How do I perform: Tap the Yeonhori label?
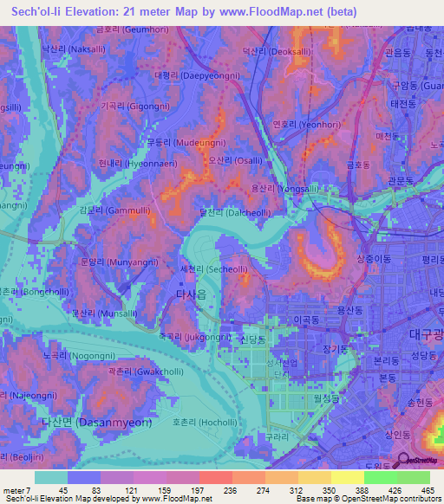[x=301, y=123]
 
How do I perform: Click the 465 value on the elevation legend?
[x=428, y=490]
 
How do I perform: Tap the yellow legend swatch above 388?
[x=347, y=477]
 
